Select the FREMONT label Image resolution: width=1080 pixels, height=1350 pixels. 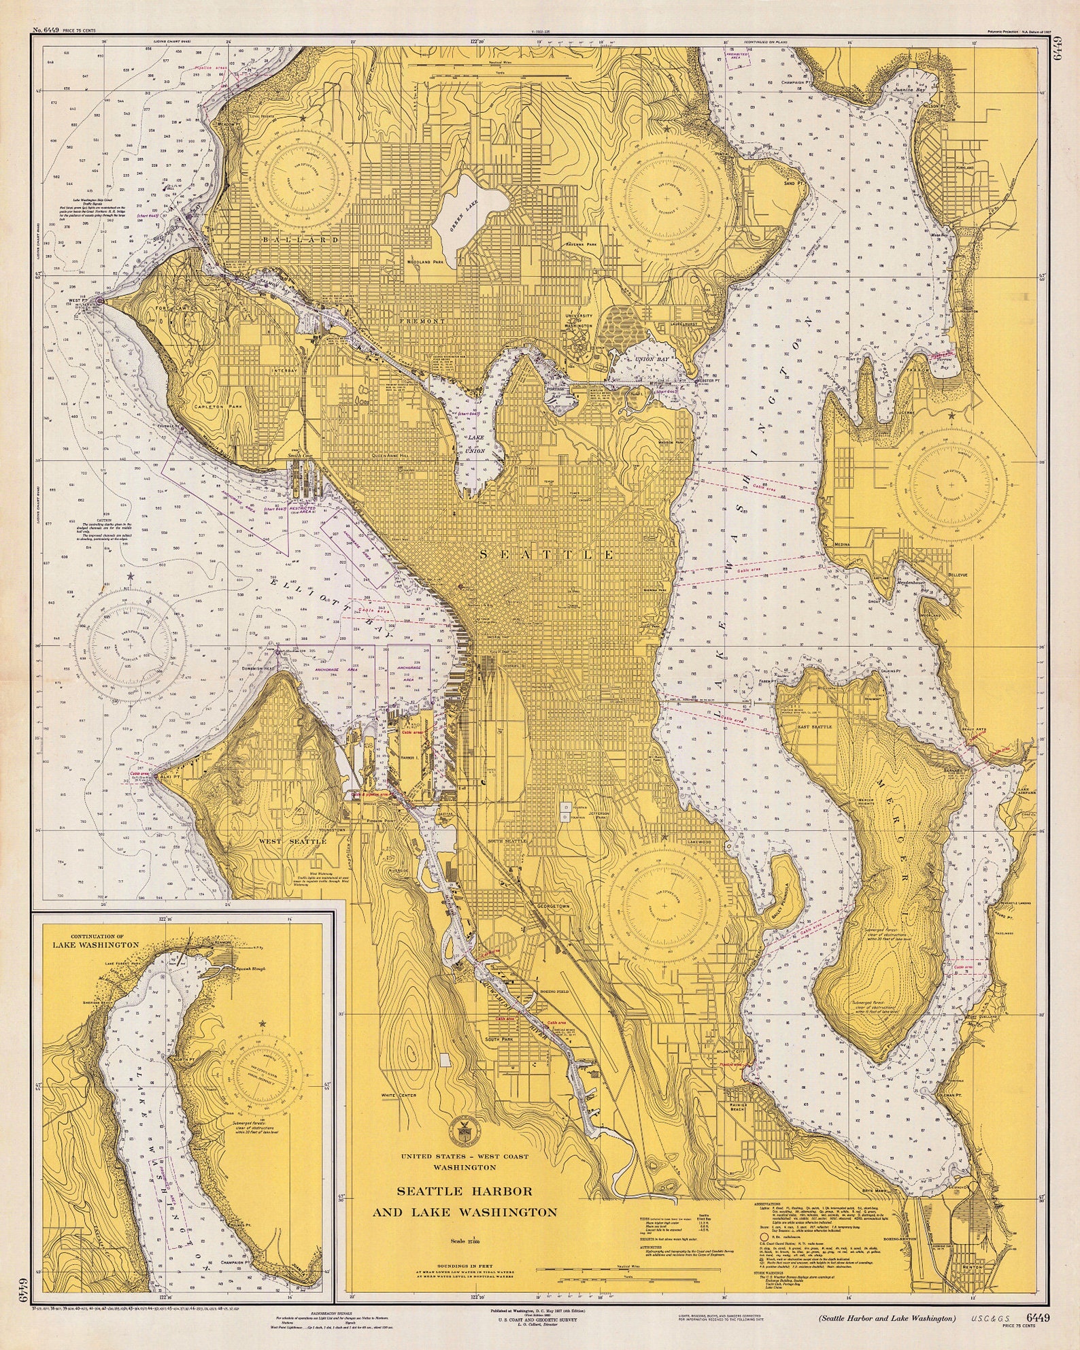[422, 320]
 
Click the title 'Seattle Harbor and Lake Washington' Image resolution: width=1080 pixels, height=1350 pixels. [465, 1201]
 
